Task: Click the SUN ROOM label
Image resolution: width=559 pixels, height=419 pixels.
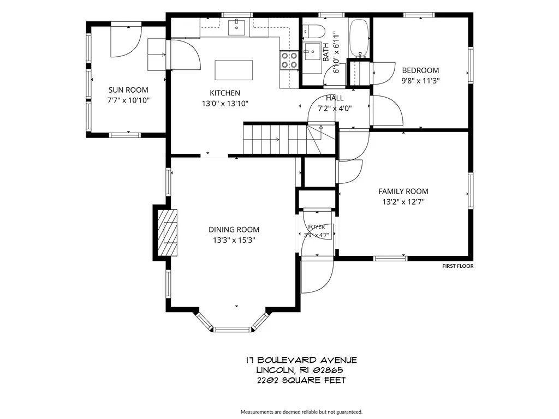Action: (128, 90)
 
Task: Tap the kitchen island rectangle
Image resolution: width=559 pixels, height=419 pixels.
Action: (234, 70)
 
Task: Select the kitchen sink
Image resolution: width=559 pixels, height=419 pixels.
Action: (237, 27)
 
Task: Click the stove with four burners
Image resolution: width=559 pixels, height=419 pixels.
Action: (289, 60)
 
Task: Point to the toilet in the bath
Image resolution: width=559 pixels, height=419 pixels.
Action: (314, 31)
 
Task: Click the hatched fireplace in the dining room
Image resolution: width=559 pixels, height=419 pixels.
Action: (168, 232)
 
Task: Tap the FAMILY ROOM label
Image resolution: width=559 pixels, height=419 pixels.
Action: (403, 191)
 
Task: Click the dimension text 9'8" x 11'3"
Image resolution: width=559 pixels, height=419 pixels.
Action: (420, 81)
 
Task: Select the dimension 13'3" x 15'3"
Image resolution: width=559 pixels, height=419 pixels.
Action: (234, 240)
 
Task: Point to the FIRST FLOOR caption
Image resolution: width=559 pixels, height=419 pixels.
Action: (458, 266)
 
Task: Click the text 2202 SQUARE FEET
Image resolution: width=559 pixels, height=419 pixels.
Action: (301, 380)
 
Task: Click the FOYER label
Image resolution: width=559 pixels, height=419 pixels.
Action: (317, 226)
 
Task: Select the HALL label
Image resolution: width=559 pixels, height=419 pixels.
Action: (335, 98)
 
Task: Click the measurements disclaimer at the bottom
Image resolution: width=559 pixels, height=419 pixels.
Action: (301, 412)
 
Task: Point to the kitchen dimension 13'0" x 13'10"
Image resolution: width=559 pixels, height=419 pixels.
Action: (225, 104)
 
